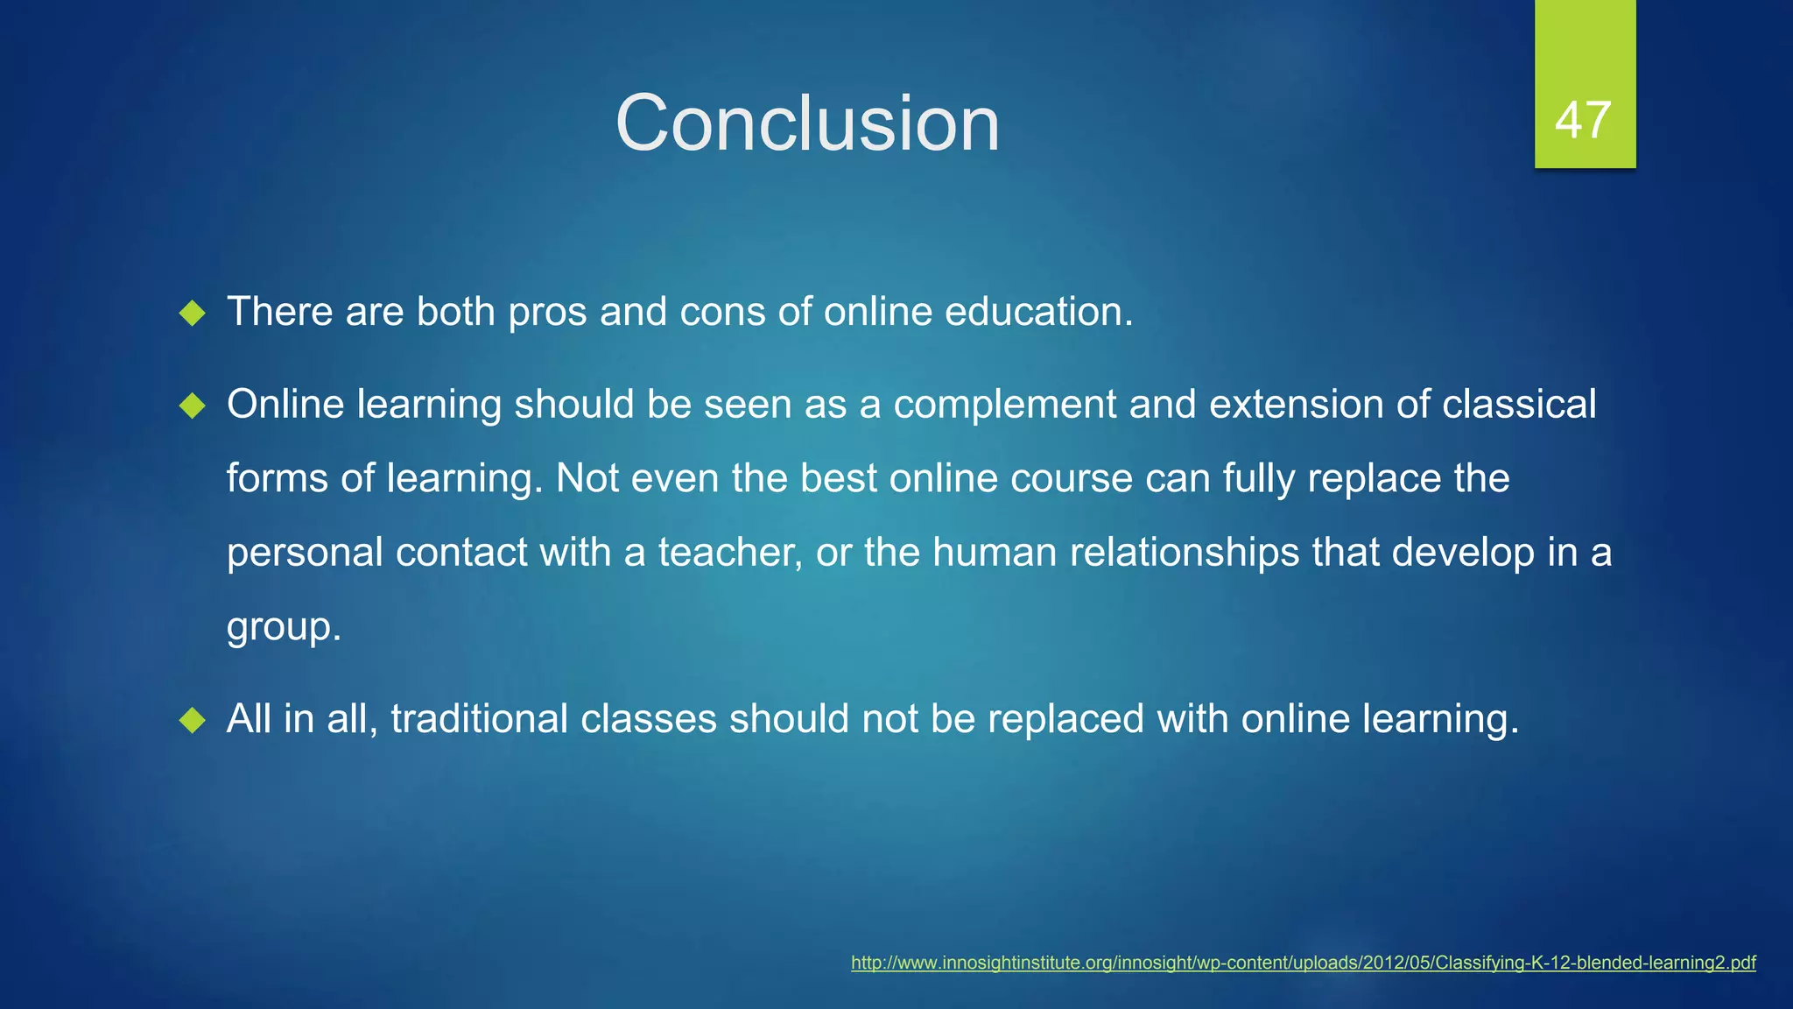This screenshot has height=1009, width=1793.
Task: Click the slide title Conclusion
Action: (807, 123)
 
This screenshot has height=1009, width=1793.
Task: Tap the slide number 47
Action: (1584, 120)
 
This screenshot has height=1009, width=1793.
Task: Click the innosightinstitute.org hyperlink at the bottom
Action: (1303, 963)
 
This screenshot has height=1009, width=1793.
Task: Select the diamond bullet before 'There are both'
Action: (192, 313)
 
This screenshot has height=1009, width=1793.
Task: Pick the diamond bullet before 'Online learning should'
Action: (192, 406)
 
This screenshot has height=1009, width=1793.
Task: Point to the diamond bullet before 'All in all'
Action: (192, 720)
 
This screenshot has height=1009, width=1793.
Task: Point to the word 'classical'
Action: (1519, 405)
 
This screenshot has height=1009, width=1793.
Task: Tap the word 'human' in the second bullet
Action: (995, 553)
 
